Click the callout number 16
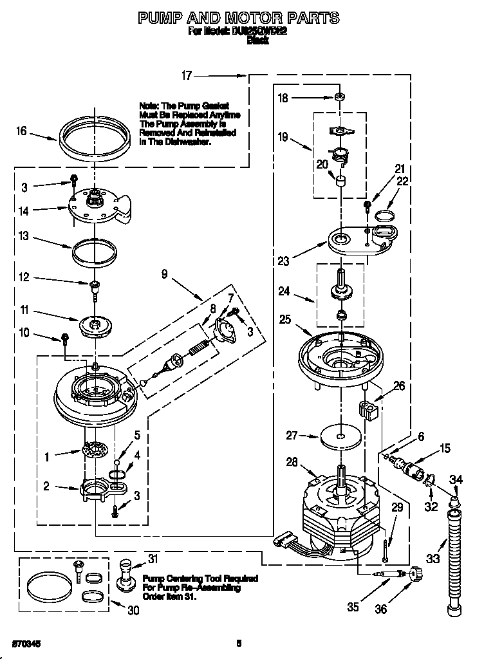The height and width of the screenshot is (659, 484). (21, 131)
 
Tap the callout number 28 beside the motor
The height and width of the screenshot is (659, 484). (292, 461)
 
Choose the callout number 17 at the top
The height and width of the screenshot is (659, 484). (186, 76)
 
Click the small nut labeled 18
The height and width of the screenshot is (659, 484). (338, 97)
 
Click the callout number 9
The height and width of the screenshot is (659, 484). (165, 274)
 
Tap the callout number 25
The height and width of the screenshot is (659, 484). (285, 319)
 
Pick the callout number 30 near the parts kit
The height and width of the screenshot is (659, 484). (133, 611)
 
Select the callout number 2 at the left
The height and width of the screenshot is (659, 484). (46, 487)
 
